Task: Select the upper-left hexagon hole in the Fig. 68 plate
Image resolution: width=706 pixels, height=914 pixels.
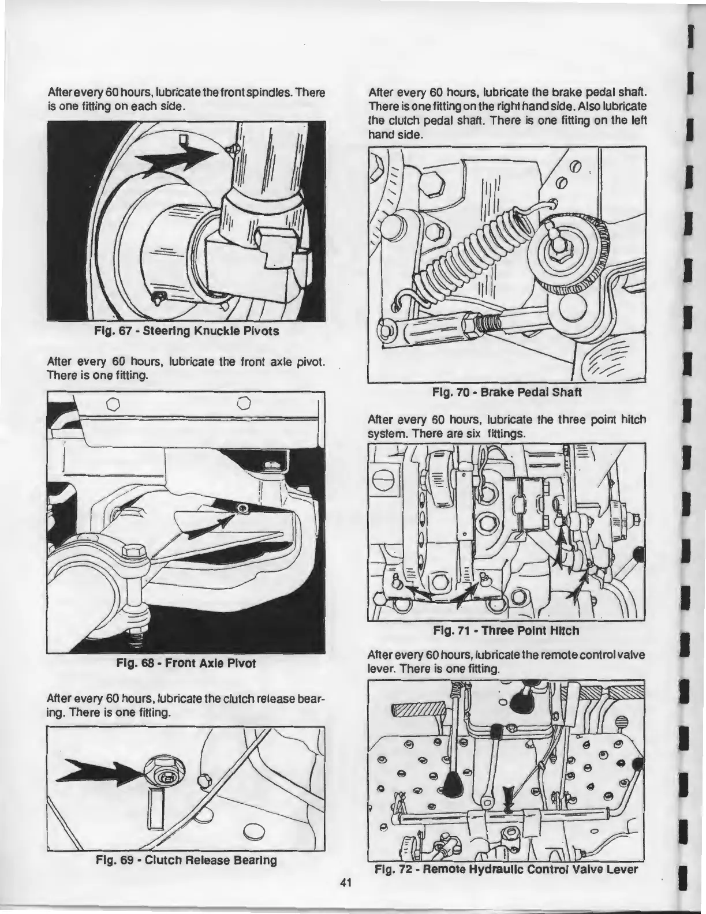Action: tap(113, 402)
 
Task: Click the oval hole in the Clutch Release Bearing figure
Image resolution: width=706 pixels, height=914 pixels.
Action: tap(255, 831)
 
